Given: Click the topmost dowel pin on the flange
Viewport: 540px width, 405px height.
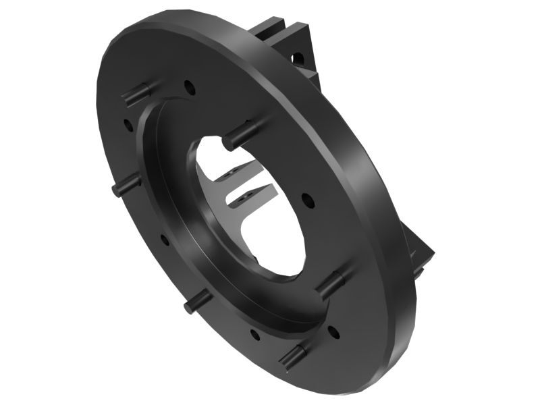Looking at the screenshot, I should click(x=135, y=93).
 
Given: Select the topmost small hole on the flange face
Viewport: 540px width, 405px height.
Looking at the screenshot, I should click(x=188, y=86).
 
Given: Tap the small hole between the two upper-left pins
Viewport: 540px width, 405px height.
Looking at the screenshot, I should click(x=126, y=123).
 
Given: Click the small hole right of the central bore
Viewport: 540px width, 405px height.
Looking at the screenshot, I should click(x=306, y=200).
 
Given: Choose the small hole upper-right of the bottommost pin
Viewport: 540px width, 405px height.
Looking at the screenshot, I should click(x=332, y=330).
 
